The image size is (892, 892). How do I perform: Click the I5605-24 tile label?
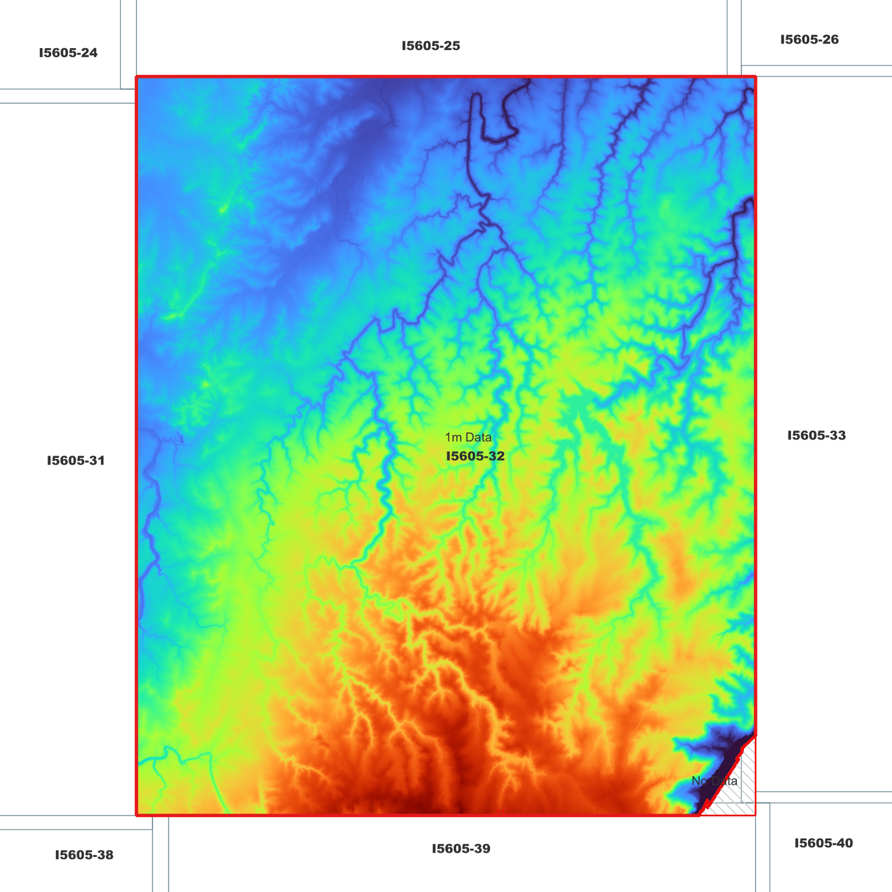pyautogui.click(x=68, y=53)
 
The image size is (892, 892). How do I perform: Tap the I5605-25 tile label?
pyautogui.click(x=431, y=46)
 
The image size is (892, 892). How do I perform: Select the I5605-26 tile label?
pyautogui.click(x=809, y=40)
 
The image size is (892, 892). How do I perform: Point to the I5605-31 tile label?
pyautogui.click(x=76, y=461)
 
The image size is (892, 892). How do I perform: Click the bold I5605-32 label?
pyautogui.click(x=475, y=457)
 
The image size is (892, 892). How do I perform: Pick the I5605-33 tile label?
pyautogui.click(x=816, y=436)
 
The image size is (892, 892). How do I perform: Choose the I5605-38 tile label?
pyautogui.click(x=84, y=856)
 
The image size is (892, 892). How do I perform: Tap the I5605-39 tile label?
pyautogui.click(x=461, y=849)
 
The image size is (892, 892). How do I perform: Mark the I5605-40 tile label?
pyautogui.click(x=823, y=843)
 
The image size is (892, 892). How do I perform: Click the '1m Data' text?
pyautogui.click(x=469, y=438)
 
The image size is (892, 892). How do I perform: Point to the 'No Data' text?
pyautogui.click(x=714, y=782)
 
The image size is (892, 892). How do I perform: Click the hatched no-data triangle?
pyautogui.click(x=738, y=790)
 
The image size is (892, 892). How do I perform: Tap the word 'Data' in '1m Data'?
pyautogui.click(x=479, y=438)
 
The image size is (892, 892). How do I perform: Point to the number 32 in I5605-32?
pyautogui.click(x=496, y=457)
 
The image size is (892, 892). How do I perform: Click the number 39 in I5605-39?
pyautogui.click(x=482, y=849)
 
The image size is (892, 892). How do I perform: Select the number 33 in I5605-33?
pyautogui.click(x=837, y=436)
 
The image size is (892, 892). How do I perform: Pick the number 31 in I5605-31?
pyautogui.click(x=97, y=461)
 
